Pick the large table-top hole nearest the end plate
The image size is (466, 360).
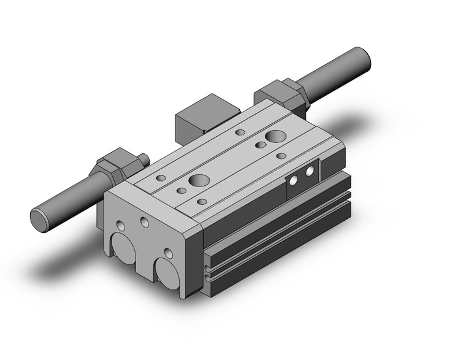coord(198,180)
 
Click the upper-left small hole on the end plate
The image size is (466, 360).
coord(118,213)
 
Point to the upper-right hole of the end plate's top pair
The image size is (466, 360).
coord(145,221)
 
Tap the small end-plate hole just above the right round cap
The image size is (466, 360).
coord(167,252)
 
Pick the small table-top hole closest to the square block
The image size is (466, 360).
coord(240,132)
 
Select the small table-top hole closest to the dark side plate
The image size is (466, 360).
coord(281,156)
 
